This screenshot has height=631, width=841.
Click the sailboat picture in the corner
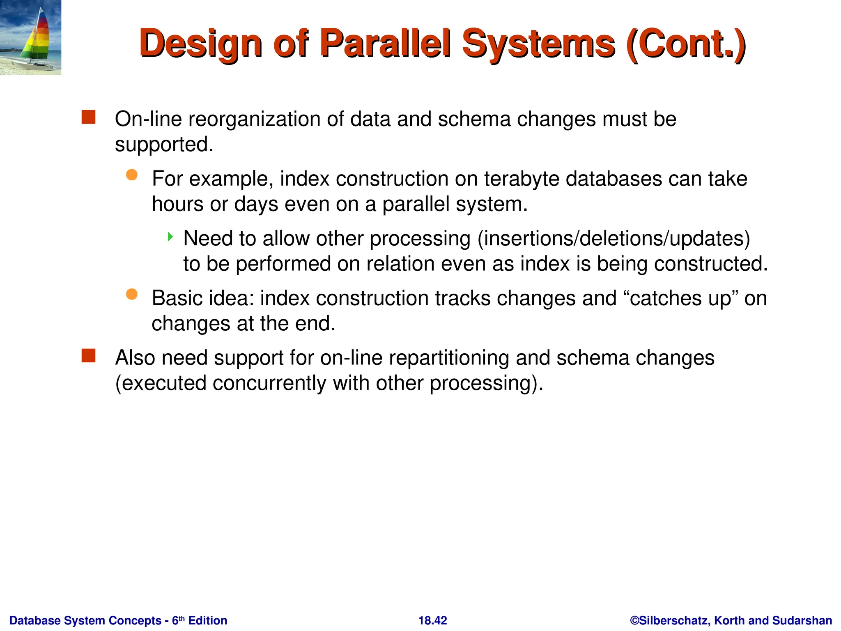[30, 37]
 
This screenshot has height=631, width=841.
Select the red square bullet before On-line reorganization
[88, 117]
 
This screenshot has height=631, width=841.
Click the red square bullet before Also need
[88, 356]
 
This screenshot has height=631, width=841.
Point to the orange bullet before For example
[131, 175]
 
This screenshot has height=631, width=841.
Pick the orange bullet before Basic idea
[131, 294]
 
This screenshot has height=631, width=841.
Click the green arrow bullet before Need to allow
[170, 237]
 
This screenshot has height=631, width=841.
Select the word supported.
[164, 145]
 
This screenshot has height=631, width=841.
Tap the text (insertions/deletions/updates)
[614, 238]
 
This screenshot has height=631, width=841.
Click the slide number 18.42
[432, 620]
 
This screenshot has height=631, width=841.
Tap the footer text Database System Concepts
[85, 620]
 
